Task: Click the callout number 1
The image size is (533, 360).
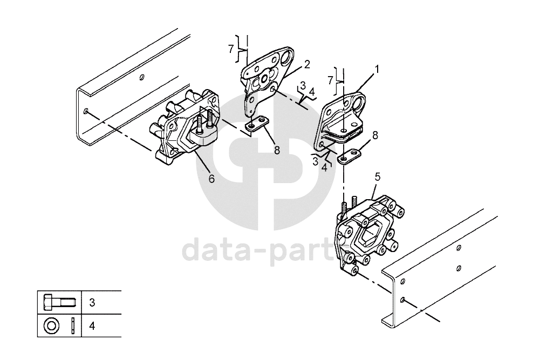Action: click(377, 70)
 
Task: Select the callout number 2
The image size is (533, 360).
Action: click(307, 64)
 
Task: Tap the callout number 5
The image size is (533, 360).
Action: click(377, 177)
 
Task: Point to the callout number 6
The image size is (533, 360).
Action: click(211, 179)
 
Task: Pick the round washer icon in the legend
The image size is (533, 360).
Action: click(51, 326)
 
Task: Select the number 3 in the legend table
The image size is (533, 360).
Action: click(92, 303)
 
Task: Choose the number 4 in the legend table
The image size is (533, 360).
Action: click(92, 327)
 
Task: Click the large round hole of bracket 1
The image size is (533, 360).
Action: click(358, 101)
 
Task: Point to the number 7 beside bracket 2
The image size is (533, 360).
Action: click(231, 49)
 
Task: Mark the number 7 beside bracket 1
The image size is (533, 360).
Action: click(330, 80)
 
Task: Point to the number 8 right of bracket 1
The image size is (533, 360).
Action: click(375, 135)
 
